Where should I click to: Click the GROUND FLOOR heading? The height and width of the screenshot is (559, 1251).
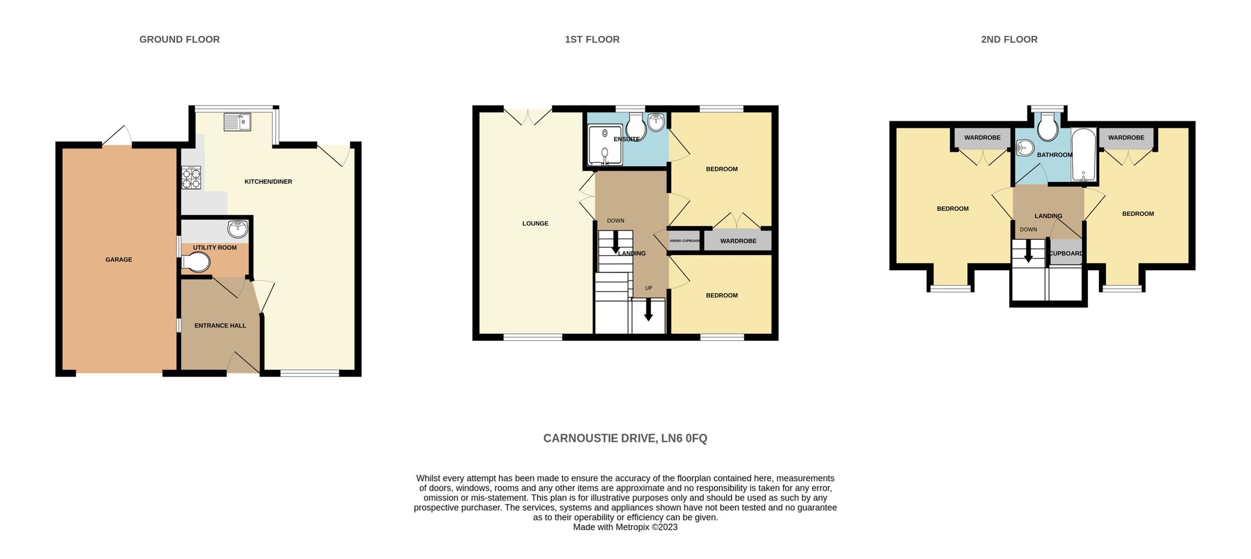click(179, 40)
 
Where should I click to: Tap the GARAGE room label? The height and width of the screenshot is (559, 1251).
click(119, 260)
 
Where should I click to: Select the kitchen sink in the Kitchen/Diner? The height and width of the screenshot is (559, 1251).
click(237, 122)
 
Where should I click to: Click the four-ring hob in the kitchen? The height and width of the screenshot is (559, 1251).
click(191, 177)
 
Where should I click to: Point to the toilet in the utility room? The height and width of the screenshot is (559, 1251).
click(197, 262)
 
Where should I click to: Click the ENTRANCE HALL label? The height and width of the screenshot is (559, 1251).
click(220, 326)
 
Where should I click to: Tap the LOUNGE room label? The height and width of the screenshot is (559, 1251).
click(535, 224)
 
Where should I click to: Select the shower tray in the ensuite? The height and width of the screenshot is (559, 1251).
click(605, 144)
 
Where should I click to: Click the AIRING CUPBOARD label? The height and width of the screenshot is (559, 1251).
click(684, 241)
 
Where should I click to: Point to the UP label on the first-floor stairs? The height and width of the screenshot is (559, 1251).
click(648, 288)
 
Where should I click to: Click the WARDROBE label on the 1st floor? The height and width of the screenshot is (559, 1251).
click(738, 241)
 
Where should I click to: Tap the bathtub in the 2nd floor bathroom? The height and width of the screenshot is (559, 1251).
click(1084, 155)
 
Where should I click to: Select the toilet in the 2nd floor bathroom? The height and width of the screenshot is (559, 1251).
click(1047, 128)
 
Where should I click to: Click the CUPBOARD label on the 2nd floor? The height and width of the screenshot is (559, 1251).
click(1065, 254)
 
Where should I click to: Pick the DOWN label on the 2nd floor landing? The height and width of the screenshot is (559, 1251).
click(1028, 229)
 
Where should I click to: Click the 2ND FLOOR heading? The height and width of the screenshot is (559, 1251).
click(1009, 40)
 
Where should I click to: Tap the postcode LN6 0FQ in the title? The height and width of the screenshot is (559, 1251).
click(684, 439)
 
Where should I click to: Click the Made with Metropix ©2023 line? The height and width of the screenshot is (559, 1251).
click(625, 527)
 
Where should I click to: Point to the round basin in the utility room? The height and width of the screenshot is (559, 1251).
click(237, 228)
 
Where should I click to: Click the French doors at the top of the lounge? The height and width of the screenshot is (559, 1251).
click(528, 116)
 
